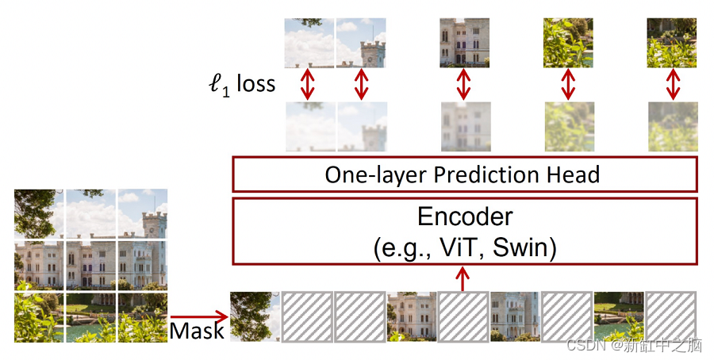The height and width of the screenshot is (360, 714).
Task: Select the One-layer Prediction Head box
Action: [x=464, y=174]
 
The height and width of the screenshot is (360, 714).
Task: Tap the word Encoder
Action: [x=465, y=216]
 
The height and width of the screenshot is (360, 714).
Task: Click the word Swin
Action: [x=524, y=248]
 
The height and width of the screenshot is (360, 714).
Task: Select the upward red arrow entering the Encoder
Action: [x=464, y=278]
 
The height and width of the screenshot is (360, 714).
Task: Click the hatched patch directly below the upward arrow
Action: [x=464, y=317]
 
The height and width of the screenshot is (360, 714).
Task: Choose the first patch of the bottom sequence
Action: [x=255, y=317]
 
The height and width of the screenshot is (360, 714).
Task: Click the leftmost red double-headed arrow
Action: [x=309, y=84]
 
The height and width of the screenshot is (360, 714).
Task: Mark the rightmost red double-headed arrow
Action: [x=673, y=84]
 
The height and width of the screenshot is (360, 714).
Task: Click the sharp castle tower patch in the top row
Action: [x=361, y=43]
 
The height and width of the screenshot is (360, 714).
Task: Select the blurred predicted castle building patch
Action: [x=464, y=126]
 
